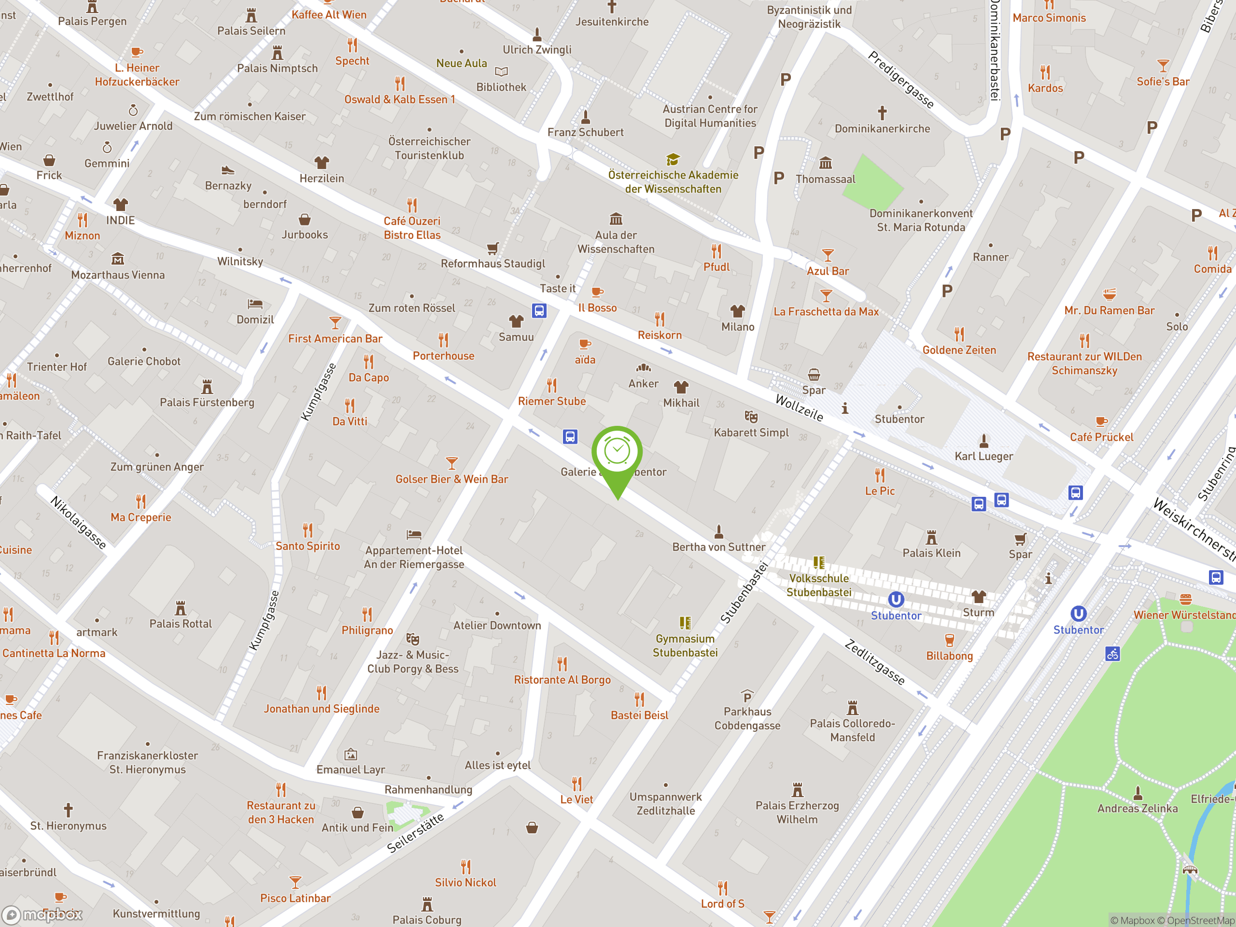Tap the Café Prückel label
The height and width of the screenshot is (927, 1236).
(x=1101, y=437)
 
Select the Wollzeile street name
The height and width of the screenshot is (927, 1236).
(x=799, y=407)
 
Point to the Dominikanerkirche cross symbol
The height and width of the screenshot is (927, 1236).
(x=882, y=113)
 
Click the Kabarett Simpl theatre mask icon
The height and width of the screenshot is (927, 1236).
(x=751, y=416)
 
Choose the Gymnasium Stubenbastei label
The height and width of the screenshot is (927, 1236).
(x=685, y=646)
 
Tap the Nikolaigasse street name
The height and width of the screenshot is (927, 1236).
(x=78, y=522)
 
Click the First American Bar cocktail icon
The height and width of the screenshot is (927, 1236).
(x=335, y=323)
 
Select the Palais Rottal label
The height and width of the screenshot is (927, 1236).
(x=181, y=624)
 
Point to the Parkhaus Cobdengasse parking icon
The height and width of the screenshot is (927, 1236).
(x=747, y=696)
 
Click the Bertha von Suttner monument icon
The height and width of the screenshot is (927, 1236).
(x=718, y=531)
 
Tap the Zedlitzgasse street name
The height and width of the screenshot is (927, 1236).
(x=874, y=662)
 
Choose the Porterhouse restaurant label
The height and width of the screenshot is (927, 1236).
(x=443, y=356)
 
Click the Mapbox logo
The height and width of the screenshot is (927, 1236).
(x=42, y=915)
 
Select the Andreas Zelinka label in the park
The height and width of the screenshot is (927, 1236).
(x=1137, y=808)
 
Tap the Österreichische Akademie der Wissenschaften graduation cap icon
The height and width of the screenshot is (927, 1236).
(x=673, y=160)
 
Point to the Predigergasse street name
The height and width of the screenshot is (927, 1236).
(x=901, y=79)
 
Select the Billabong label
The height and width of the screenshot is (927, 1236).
(x=949, y=656)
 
